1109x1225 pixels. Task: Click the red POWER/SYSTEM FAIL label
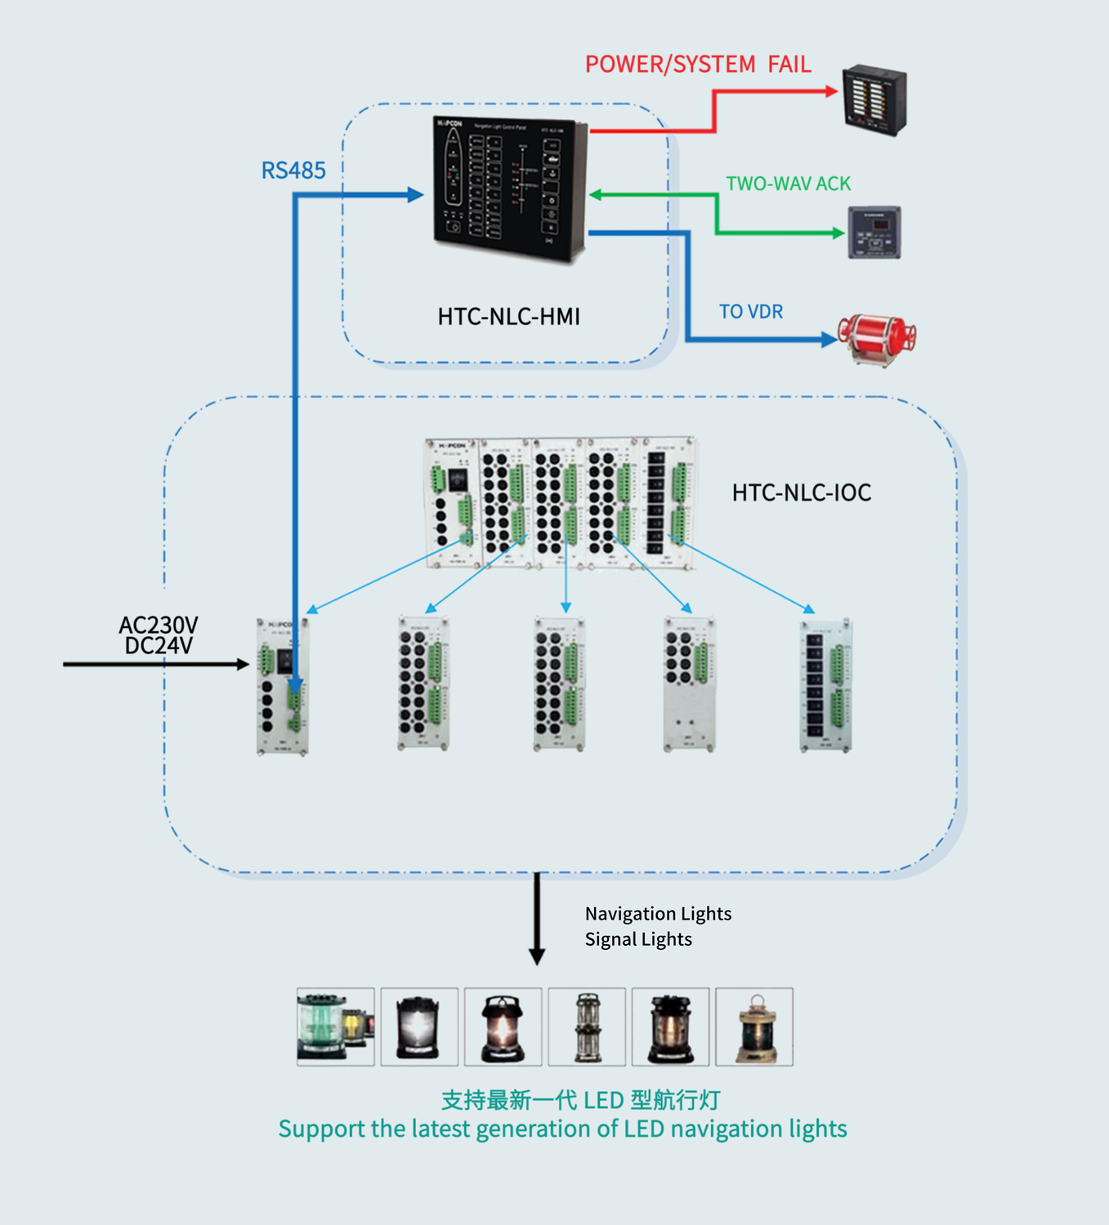pyautogui.click(x=698, y=65)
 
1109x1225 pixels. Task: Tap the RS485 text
pyautogui.click(x=293, y=171)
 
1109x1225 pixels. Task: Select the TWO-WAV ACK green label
pyautogui.click(x=788, y=184)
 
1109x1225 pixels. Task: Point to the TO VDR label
pyautogui.click(x=750, y=312)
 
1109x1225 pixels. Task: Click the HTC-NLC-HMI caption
pyautogui.click(x=508, y=317)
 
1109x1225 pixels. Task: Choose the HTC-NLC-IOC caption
pyautogui.click(x=801, y=492)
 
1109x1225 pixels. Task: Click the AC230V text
pyautogui.click(x=159, y=625)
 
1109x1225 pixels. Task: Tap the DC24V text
pyautogui.click(x=159, y=646)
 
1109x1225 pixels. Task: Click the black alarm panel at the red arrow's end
pyautogui.click(x=874, y=100)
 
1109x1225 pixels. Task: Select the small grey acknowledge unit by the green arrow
pyautogui.click(x=874, y=233)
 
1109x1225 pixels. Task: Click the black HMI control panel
pyautogui.click(x=509, y=189)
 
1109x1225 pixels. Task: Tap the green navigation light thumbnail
pyautogui.click(x=335, y=1027)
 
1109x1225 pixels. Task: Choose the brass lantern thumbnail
pyautogui.click(x=754, y=1027)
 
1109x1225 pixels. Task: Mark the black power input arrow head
pyautogui.click(x=243, y=665)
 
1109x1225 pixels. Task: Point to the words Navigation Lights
pyautogui.click(x=658, y=914)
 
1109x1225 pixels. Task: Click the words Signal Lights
pyautogui.click(x=638, y=939)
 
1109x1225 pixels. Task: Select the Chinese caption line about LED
pyautogui.click(x=580, y=1100)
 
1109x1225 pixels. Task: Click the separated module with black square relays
pyautogui.click(x=825, y=686)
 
